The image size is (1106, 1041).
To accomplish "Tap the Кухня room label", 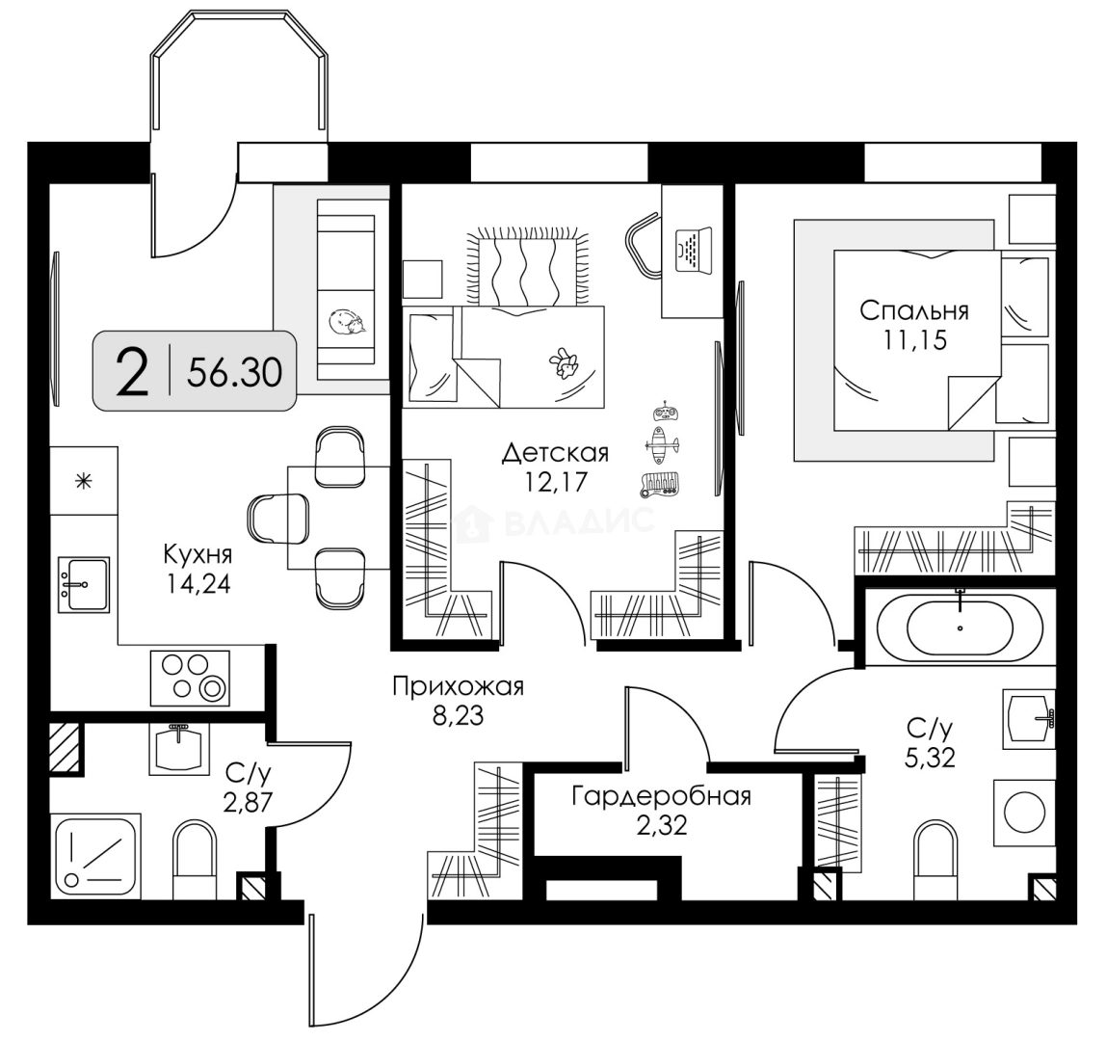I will tap(197, 556).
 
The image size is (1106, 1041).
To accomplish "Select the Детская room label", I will tap(557, 452).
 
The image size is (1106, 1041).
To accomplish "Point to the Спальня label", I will tap(913, 311).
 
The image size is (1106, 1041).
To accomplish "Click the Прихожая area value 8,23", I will tap(458, 716).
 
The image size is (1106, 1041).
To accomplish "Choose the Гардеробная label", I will tap(660, 797).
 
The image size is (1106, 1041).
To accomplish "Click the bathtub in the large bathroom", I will tap(960, 627).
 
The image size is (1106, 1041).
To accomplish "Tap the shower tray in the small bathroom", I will tap(94, 854).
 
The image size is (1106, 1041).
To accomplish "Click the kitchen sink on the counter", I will tap(84, 582).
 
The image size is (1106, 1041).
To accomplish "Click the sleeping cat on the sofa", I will tap(347, 322).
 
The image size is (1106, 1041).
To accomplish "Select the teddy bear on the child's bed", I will tap(563, 364).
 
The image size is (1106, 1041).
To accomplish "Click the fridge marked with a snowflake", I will tap(83, 480).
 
